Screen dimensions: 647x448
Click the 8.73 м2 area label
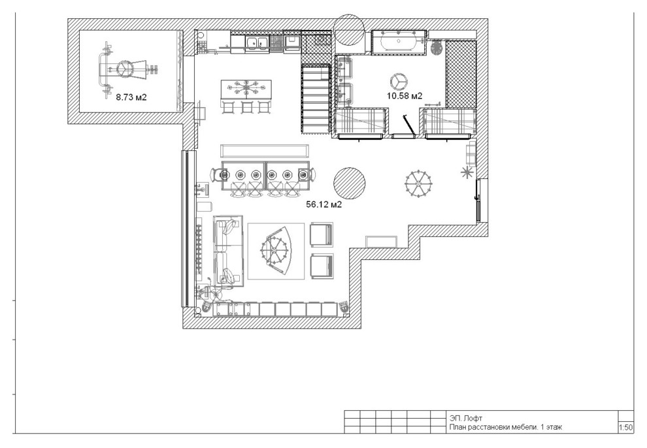pos(131,98)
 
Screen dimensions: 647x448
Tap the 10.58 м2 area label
pos(405,96)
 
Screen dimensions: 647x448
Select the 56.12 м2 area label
pos(324,204)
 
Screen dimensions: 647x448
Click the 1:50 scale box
pos(625,427)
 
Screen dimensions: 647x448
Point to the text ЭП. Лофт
pos(466,418)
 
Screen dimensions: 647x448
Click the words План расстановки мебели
pos(493,427)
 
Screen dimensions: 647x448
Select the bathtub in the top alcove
pos(399,42)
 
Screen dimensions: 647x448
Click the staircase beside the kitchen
pos(316,99)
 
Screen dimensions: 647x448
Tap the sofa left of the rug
pos(228,251)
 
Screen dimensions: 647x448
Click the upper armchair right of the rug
pos(321,234)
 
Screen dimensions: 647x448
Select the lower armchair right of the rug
pos(322,266)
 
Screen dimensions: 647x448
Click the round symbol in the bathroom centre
pos(399,81)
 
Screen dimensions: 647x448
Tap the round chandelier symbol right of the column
pos(419,182)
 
